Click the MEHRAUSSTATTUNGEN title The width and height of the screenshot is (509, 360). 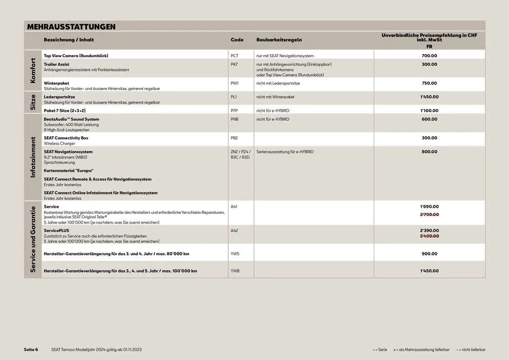pyautogui.click(x=71, y=27)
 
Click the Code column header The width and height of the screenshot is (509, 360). pyautogui.click(x=237, y=40)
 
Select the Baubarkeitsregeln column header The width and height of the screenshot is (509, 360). pyautogui.click(x=279, y=40)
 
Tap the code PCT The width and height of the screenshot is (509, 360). pyautogui.click(x=234, y=56)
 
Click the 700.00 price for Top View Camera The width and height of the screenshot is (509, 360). pyautogui.click(x=429, y=56)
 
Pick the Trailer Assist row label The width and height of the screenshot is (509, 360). pyautogui.click(x=57, y=64)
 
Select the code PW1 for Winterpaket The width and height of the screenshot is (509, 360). pyautogui.click(x=234, y=83)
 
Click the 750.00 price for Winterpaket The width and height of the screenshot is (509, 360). pyautogui.click(x=429, y=83)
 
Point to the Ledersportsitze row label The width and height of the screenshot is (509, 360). pyautogui.click(x=60, y=97)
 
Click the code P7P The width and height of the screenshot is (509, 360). pyautogui.click(x=234, y=111)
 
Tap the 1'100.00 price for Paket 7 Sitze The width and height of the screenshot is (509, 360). pyautogui.click(x=429, y=111)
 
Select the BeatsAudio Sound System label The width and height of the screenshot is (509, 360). pyautogui.click(x=71, y=119)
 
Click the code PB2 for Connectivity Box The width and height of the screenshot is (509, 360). pyautogui.click(x=234, y=138)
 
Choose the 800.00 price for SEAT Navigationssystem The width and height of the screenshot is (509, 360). pyautogui.click(x=429, y=152)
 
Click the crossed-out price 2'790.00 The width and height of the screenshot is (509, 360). pyautogui.click(x=429, y=214)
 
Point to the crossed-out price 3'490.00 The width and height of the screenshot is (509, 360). pyautogui.click(x=429, y=236)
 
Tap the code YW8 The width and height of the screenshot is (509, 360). pyautogui.click(x=235, y=271)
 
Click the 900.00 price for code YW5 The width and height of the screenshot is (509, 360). pyautogui.click(x=429, y=254)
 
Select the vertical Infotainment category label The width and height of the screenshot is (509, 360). pyautogui.click(x=33, y=157)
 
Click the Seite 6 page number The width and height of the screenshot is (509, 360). pyautogui.click(x=31, y=349)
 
